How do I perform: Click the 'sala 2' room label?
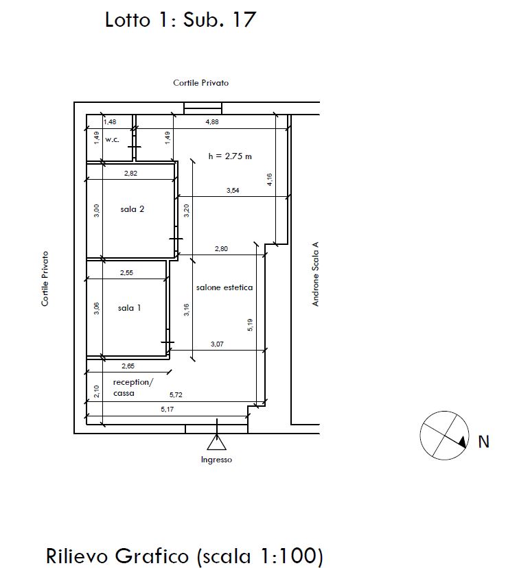tap(132, 209)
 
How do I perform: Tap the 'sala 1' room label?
tap(130, 308)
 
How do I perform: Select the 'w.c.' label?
tap(112, 139)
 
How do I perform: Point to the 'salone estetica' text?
tap(224, 287)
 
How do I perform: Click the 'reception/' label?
tap(133, 382)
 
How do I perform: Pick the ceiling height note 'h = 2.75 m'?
tap(230, 156)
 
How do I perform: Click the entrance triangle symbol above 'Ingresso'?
tap(217, 442)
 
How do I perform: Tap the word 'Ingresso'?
tap(216, 460)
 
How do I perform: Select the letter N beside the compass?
tap(483, 442)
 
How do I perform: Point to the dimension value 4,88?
tap(212, 121)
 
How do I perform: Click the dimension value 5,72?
tap(176, 394)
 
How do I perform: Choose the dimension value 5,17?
tap(167, 409)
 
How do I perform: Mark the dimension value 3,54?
tap(233, 190)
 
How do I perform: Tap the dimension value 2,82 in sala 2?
tap(130, 173)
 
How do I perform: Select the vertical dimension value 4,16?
tap(269, 180)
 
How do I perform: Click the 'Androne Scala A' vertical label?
tap(315, 274)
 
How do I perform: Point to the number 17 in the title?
tap(244, 20)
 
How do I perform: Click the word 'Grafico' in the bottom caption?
tap(152, 556)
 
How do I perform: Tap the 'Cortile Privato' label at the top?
tap(201, 83)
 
